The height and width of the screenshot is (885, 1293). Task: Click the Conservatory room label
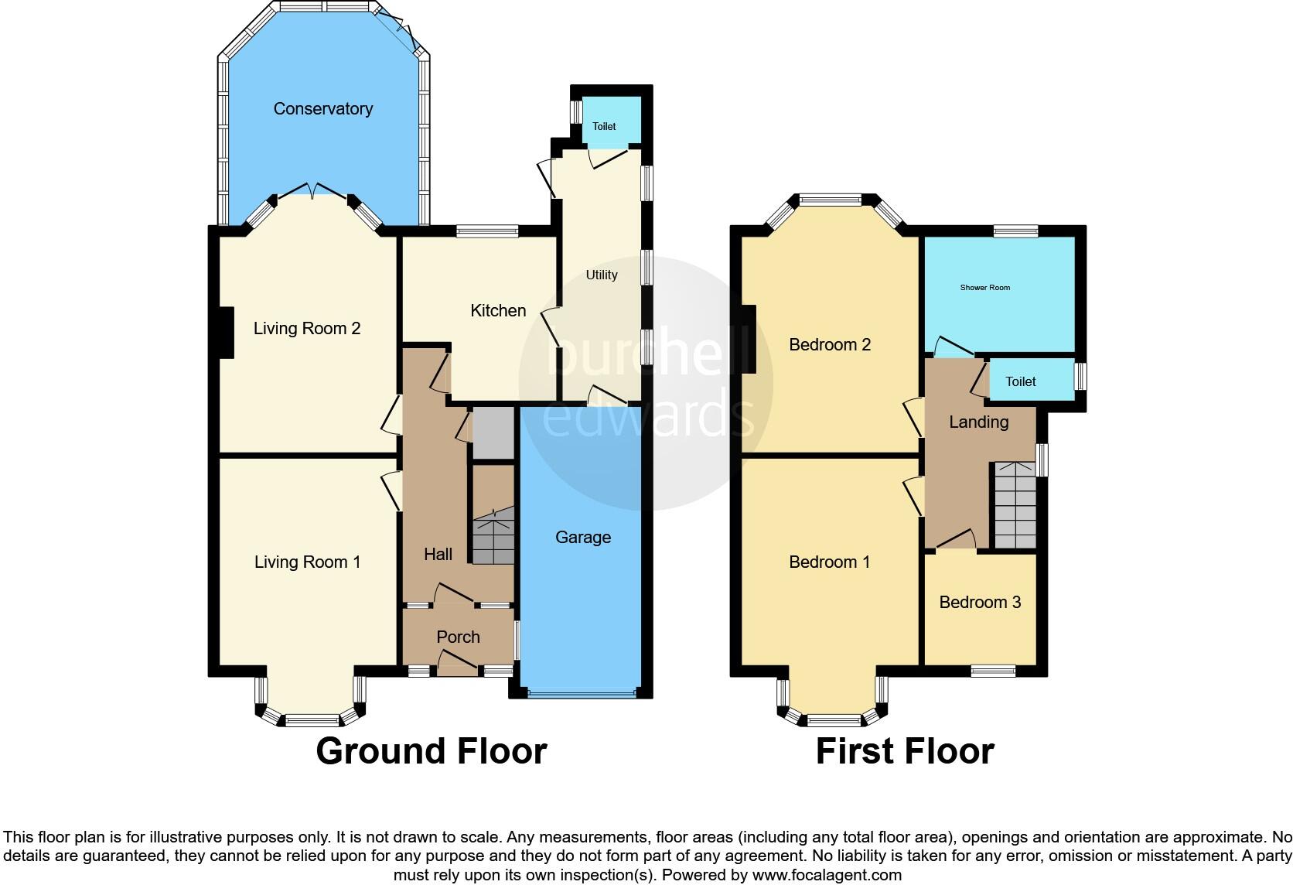322,109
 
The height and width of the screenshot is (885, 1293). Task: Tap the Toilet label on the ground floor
604,126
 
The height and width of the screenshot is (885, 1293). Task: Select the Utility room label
601,275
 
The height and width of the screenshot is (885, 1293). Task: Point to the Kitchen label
498,310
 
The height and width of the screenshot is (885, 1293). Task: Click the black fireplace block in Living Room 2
224,333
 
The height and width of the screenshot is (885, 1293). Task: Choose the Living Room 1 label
307,562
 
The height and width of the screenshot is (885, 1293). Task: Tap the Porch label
458,637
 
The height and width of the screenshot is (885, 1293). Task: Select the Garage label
582,537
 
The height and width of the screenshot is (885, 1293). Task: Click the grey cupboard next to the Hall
493,434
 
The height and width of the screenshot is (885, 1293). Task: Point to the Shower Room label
984,288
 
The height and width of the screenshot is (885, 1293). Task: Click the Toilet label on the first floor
1020,381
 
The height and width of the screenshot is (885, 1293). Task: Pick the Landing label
978,422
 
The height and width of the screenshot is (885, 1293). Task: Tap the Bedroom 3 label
980,602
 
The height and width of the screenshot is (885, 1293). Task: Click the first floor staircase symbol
1015,505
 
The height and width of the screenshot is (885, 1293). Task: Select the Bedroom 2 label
830,344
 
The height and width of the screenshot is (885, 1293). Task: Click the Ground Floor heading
431,751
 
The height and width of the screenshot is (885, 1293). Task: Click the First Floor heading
904,751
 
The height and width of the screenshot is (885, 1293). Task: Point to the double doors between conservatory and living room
312,190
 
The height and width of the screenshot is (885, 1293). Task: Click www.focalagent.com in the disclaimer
827,875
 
